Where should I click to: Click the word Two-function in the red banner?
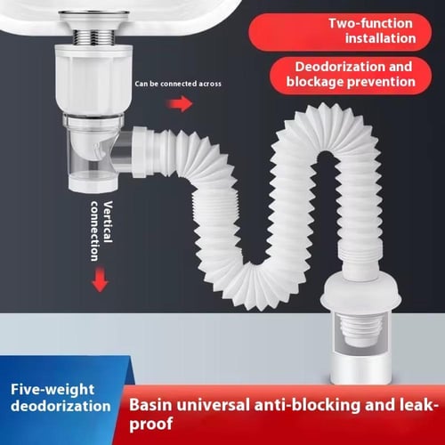click(x=370, y=23)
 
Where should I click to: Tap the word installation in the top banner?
click(x=380, y=38)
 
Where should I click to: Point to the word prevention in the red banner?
click(x=381, y=82)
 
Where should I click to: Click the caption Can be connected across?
click(x=178, y=84)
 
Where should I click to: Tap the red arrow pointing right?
click(x=180, y=104)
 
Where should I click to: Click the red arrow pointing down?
click(x=100, y=279)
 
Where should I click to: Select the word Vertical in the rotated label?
click(x=108, y=222)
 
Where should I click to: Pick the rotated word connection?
click(x=94, y=231)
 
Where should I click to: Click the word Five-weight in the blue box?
click(x=53, y=390)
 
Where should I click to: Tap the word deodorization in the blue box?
click(x=61, y=406)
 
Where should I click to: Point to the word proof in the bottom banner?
click(x=151, y=425)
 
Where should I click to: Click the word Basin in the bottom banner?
click(x=150, y=405)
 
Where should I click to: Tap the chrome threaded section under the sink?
click(x=93, y=36)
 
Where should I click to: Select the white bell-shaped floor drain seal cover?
click(x=362, y=292)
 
